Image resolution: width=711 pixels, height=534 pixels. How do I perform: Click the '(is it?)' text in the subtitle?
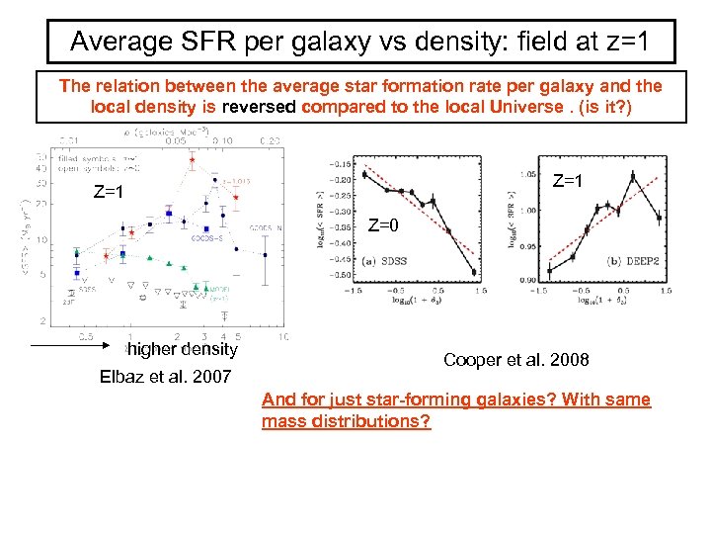click(x=616, y=106)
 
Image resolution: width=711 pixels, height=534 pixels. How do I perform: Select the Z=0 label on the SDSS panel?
click(x=383, y=225)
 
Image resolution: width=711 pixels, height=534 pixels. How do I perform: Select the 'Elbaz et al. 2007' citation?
click(x=166, y=376)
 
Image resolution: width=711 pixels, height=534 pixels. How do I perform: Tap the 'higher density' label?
click(x=183, y=348)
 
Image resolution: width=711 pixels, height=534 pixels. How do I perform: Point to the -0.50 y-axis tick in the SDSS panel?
click(x=339, y=274)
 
